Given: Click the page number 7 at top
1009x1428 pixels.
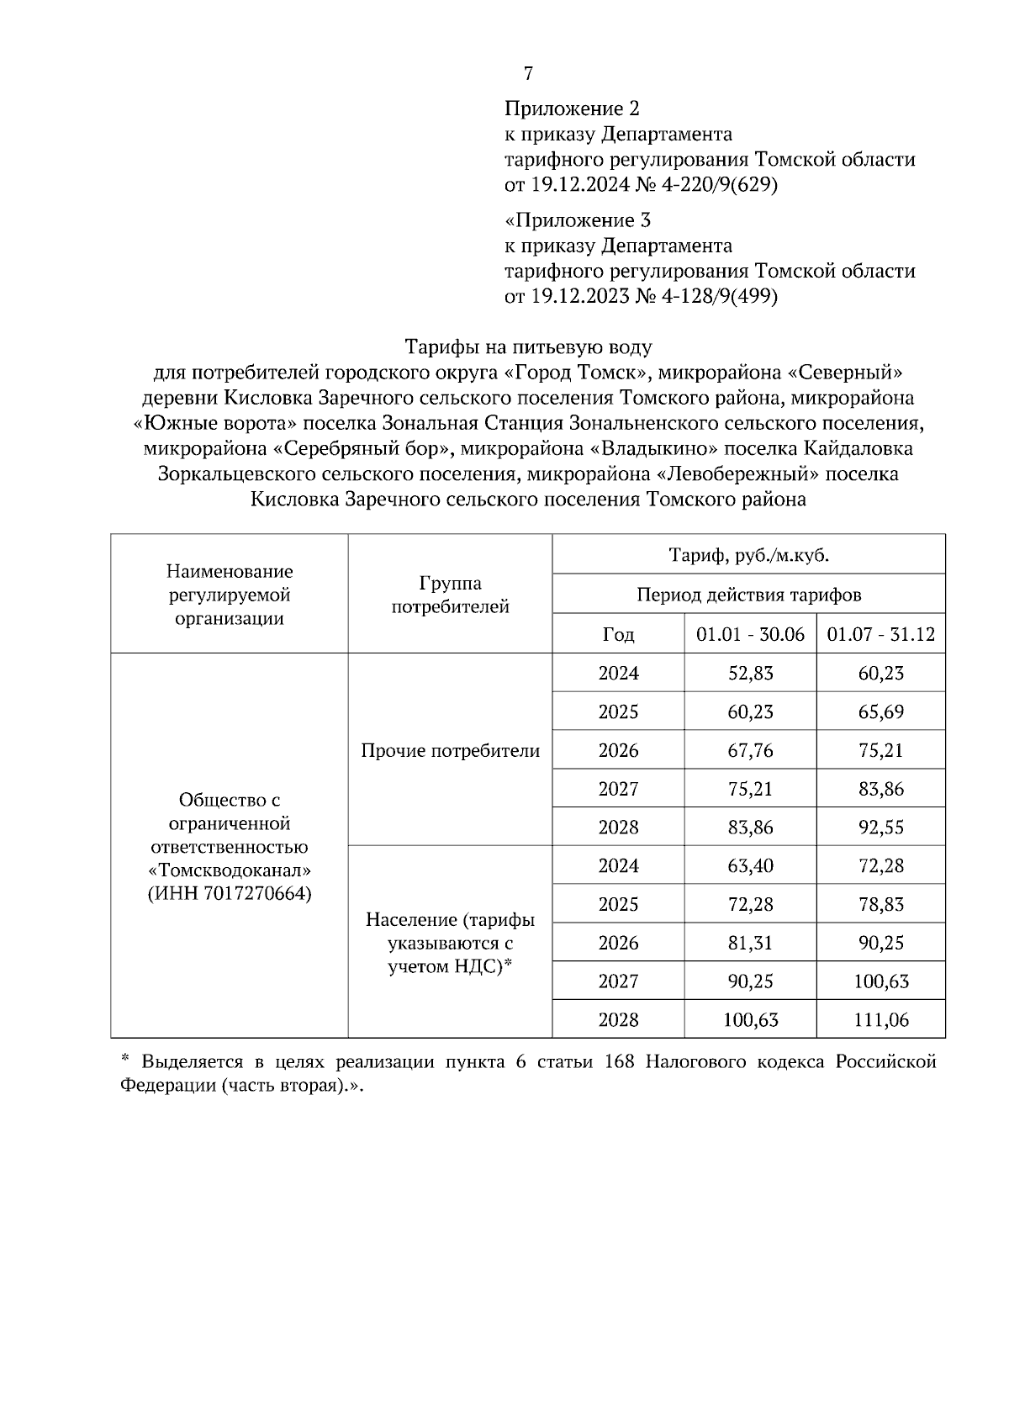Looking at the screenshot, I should [x=528, y=74].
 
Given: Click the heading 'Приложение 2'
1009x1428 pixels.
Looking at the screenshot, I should [x=572, y=108].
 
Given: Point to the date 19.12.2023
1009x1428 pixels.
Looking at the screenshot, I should [x=578, y=296].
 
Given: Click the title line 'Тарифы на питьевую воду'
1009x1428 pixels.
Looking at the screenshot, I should [x=528, y=346].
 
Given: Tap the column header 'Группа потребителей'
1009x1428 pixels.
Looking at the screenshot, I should [x=450, y=595].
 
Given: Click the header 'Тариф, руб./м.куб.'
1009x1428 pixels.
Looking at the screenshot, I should [x=748, y=555].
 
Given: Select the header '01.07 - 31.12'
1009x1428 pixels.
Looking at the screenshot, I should [x=880, y=634].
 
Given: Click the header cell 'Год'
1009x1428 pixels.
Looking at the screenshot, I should [x=618, y=634].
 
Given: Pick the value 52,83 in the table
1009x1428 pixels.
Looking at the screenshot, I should [x=750, y=673].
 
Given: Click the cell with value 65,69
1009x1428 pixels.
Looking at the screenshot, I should [x=880, y=711].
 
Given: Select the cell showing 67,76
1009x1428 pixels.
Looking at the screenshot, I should [x=750, y=750].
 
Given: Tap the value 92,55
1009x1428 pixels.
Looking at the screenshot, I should [x=880, y=827].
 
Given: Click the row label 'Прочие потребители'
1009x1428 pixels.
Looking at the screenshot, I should [x=450, y=750].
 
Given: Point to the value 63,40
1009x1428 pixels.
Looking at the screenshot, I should [x=750, y=865].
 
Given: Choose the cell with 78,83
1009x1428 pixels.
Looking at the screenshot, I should [x=880, y=904].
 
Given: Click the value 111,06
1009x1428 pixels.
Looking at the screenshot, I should [x=880, y=1020].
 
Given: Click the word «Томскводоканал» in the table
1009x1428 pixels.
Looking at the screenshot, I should [x=229, y=870].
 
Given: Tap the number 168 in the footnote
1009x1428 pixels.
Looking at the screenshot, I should [x=618, y=1062].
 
